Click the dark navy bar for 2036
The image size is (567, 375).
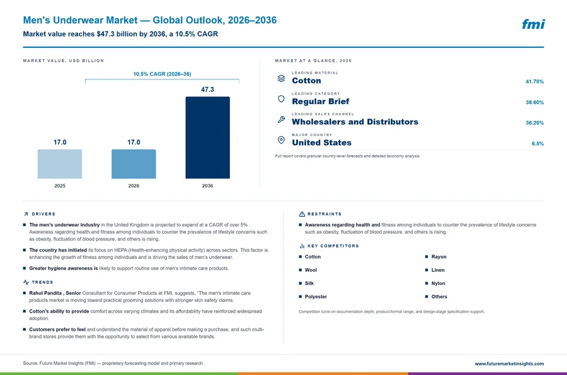tap(207, 137)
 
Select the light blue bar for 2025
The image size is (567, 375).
tap(60, 164)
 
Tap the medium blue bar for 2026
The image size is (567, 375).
tap(134, 164)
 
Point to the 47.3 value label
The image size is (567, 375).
tap(207, 89)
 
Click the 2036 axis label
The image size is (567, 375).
tap(207, 186)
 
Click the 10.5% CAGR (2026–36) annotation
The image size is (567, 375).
tap(162, 74)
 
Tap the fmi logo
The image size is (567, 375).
tap(534, 24)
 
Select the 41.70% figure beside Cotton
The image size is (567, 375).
tap(535, 82)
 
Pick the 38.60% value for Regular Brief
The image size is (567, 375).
tap(535, 102)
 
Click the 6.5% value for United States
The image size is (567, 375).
tap(538, 144)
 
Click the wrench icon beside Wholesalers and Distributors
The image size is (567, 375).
tap(282, 119)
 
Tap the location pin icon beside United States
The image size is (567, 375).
tap(282, 140)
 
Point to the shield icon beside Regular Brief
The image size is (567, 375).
tap(282, 99)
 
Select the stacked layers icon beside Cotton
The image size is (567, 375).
tap(282, 78)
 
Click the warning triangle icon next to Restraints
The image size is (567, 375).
tap(302, 214)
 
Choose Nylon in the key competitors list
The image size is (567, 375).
tap(438, 284)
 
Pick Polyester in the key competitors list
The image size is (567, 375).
tap(316, 297)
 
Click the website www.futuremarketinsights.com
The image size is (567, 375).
tap(509, 364)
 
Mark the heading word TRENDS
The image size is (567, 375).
tap(42, 282)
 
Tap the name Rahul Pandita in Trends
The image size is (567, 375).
tap(45, 293)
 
